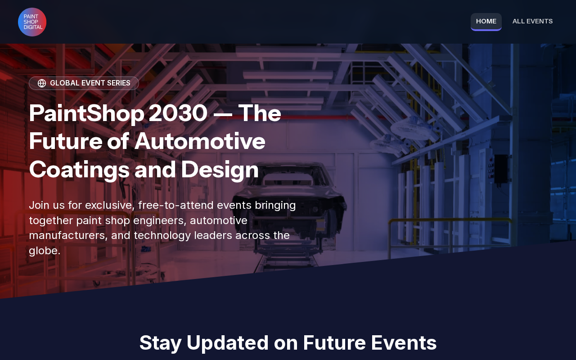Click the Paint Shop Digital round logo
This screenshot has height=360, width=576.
32,22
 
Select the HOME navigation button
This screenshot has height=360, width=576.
486,22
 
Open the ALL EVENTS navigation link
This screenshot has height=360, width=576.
532,21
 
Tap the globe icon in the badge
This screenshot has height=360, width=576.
42,83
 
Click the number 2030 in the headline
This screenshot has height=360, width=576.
178,113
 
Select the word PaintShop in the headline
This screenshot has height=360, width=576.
87,114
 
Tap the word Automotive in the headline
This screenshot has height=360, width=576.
200,141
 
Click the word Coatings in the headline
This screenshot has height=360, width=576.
79,170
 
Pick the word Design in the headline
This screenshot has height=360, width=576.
220,170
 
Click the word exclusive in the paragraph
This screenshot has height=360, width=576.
110,205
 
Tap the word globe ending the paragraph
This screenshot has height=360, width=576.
45,251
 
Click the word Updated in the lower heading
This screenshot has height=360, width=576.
228,343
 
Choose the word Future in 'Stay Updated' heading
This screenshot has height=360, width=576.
334,343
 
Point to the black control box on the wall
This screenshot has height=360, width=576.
501,169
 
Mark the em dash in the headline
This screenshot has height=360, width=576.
223,114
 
